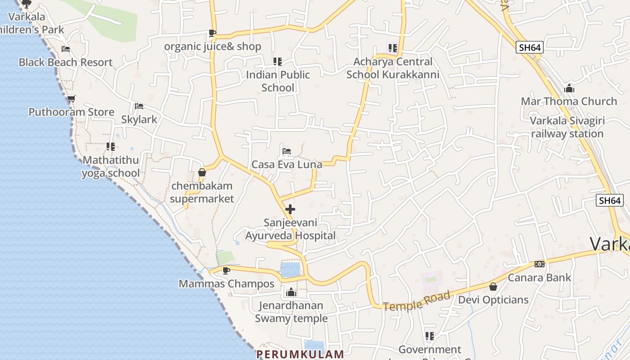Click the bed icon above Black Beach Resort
(66, 49)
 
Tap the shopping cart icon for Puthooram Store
(71, 99)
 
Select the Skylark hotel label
(139, 119)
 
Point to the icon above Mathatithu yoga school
(111, 146)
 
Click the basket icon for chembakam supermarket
(202, 172)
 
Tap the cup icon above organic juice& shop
(212, 33)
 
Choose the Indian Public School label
(278, 81)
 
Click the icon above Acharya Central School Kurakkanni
(392, 48)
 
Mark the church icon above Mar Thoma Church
(569, 88)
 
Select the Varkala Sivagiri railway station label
(567, 127)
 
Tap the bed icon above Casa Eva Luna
(287, 151)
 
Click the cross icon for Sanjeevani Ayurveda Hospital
(290, 209)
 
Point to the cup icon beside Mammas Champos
(226, 270)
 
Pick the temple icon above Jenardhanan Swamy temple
(291, 292)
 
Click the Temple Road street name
(417, 301)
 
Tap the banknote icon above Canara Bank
(540, 264)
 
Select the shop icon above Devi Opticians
(493, 286)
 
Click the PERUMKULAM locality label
(300, 354)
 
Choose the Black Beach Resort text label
(65, 62)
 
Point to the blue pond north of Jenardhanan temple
(290, 269)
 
